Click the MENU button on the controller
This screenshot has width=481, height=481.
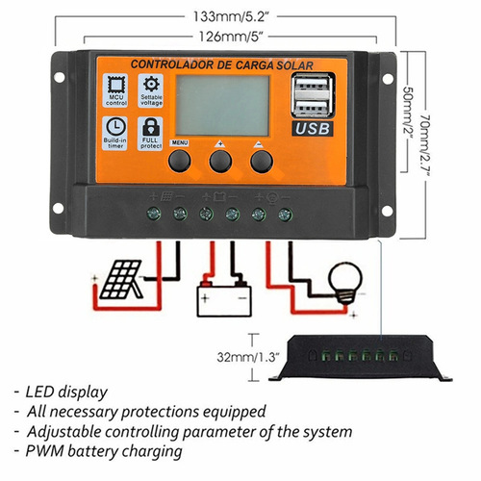click(180, 160)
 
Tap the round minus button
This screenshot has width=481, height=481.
click(262, 160)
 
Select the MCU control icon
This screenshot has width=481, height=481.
click(115, 91)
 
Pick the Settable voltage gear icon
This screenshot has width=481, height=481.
click(152, 91)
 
